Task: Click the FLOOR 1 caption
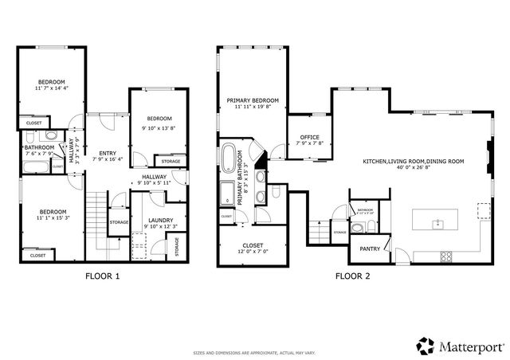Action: (x=102, y=277)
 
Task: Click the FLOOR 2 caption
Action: (x=352, y=277)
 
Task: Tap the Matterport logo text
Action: (x=465, y=346)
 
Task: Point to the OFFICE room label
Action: (x=303, y=137)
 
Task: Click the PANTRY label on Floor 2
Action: (x=371, y=248)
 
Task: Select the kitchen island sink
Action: (x=438, y=224)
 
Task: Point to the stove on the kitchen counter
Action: (x=445, y=256)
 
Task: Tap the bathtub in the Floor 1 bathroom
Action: (x=35, y=167)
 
